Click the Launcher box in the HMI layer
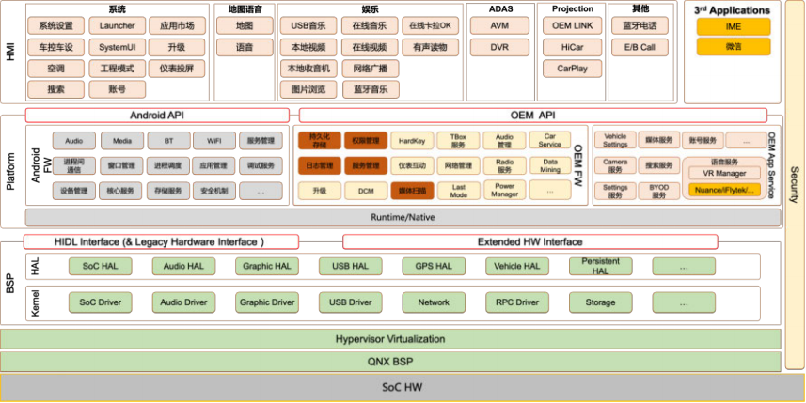[118, 25]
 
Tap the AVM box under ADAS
[500, 25]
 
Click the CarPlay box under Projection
[572, 69]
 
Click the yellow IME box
[733, 26]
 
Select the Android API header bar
[157, 115]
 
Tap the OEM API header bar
[533, 115]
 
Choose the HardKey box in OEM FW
[412, 141]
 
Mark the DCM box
[366, 190]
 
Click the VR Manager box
[725, 174]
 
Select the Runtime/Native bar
[403, 217]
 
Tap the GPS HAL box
[433, 266]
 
